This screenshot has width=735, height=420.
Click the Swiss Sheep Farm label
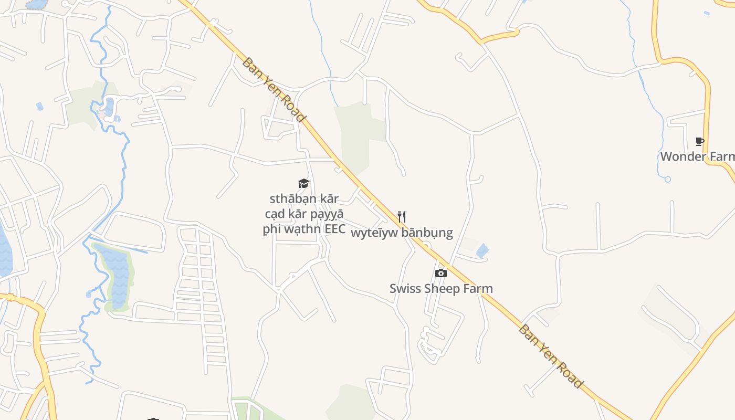pyautogui.click(x=441, y=289)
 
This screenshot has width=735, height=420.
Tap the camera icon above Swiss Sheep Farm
pyautogui.click(x=441, y=273)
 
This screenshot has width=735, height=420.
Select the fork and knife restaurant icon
pyautogui.click(x=402, y=217)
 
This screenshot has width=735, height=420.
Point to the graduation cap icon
pyautogui.click(x=303, y=183)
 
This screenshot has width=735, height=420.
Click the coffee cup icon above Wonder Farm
pyautogui.click(x=699, y=141)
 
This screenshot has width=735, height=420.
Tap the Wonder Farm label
pyautogui.click(x=697, y=156)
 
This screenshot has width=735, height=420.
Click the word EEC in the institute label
pyautogui.click(x=335, y=229)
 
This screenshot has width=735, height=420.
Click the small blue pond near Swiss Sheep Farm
pyautogui.click(x=482, y=251)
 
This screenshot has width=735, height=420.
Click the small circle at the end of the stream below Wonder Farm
pyautogui.click(x=667, y=179)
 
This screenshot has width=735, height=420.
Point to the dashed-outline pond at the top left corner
pyautogui.click(x=36, y=4)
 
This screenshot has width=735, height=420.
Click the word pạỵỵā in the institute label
pyautogui.click(x=326, y=214)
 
